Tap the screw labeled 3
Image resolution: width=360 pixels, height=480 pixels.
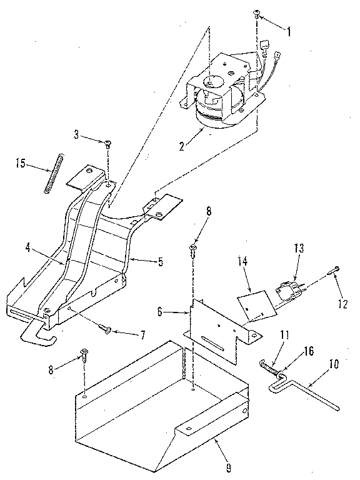coord(107,144)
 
